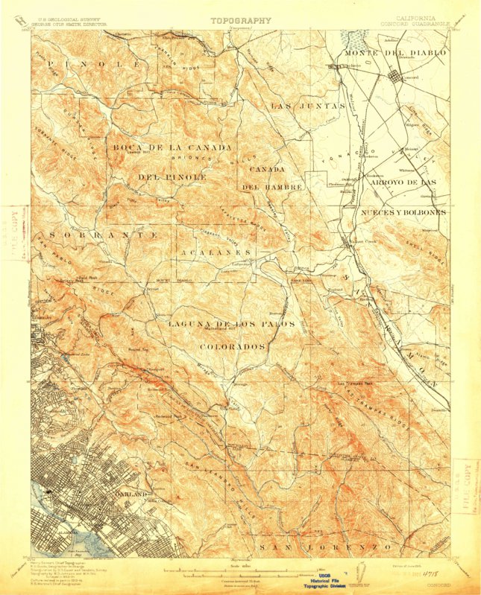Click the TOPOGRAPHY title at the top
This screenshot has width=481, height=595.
click(x=240, y=21)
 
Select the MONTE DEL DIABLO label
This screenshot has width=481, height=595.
click(x=394, y=54)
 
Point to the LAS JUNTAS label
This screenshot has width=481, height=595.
click(x=296, y=106)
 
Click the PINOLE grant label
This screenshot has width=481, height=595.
click(x=94, y=66)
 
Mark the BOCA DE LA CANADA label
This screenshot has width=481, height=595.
click(x=172, y=147)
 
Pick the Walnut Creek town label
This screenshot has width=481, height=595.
click(x=359, y=244)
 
